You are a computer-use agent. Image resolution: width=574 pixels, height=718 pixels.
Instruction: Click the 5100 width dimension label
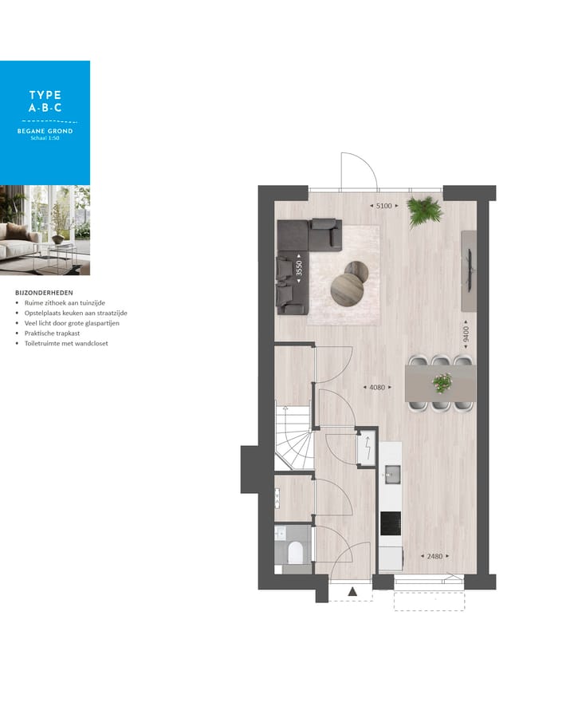coord(383,206)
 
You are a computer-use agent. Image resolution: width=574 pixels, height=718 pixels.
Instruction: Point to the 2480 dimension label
coord(435,556)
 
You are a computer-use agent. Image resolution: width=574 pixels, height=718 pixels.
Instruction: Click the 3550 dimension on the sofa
coord(299,269)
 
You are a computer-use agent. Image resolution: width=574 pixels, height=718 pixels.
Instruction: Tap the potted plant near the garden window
coord(423,211)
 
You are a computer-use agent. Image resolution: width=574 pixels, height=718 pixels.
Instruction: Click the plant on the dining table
coord(441,383)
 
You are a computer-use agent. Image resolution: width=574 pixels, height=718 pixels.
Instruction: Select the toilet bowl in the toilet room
coord(295,551)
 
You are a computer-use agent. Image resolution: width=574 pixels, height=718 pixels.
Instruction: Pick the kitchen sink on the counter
coord(391,474)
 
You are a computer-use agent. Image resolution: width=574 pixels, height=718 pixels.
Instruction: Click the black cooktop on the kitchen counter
coord(391,523)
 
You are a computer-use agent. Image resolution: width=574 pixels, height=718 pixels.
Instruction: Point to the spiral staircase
coord(293,438)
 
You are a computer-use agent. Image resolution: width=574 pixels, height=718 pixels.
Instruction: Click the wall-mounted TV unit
coord(469,270)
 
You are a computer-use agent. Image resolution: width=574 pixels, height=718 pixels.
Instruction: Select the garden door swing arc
coord(359,169)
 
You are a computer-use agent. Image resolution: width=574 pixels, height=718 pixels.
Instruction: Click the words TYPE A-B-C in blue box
coord(45,101)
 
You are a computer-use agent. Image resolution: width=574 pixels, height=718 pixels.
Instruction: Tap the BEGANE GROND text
coord(45,131)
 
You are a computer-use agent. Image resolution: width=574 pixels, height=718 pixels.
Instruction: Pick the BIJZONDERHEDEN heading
coord(44,293)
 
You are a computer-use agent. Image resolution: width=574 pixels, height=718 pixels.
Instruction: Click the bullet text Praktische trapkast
coord(52,333)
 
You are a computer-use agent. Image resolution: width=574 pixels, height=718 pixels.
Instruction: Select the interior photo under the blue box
coord(45,231)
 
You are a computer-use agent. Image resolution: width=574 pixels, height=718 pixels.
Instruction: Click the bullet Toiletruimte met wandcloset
coord(65,344)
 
